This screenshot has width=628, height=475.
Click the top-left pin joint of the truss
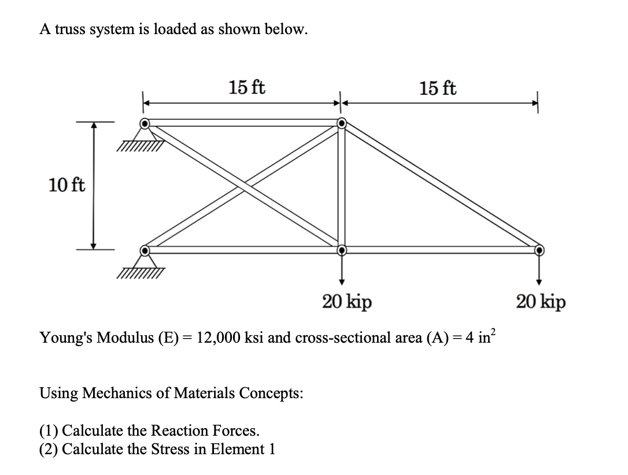[x=145, y=123]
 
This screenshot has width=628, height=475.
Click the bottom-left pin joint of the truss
[x=145, y=250]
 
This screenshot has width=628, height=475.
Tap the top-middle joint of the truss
[x=342, y=123]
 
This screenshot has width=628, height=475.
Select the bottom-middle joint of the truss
[x=342, y=250]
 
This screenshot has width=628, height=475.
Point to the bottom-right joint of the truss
[x=539, y=250]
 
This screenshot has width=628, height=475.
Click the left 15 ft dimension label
[x=247, y=88]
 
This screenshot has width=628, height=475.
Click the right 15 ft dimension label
[x=438, y=88]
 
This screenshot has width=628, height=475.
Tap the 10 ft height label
[x=67, y=185]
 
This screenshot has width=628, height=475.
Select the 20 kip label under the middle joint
[x=347, y=301]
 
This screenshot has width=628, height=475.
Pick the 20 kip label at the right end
[x=541, y=301]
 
